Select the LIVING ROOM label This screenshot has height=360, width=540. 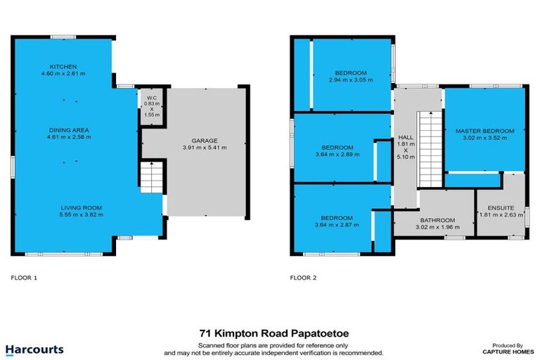(x=82, y=207)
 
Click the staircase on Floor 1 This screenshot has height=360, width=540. (x=151, y=176)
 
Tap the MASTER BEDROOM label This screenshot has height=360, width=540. (x=484, y=131)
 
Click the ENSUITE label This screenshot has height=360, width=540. (x=501, y=207)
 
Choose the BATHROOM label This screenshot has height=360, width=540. (x=437, y=219)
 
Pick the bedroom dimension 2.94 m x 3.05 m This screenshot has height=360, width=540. (x=351, y=80)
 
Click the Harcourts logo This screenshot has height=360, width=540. (x=34, y=349)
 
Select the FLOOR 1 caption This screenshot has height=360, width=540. (x=24, y=278)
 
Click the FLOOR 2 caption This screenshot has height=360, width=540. (x=303, y=278)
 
